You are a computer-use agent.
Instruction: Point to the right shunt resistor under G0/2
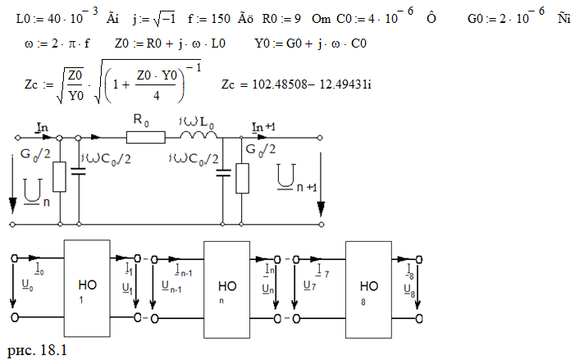pyautogui.click(x=241, y=178)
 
